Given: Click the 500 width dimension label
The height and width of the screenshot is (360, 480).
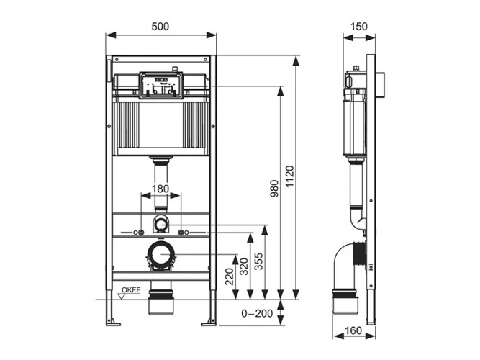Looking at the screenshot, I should click(160, 26).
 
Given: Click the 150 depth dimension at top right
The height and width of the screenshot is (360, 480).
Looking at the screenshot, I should click(358, 26).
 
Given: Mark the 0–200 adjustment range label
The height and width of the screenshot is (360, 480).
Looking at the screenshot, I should click(257, 314).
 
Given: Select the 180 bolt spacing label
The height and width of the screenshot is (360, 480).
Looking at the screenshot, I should click(160, 189).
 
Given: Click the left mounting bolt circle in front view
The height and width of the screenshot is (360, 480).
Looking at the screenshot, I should click(141, 232).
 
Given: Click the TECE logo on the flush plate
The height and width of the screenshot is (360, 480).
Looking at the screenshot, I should click(160, 76).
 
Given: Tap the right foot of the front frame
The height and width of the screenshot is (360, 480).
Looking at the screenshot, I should click(210, 320).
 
